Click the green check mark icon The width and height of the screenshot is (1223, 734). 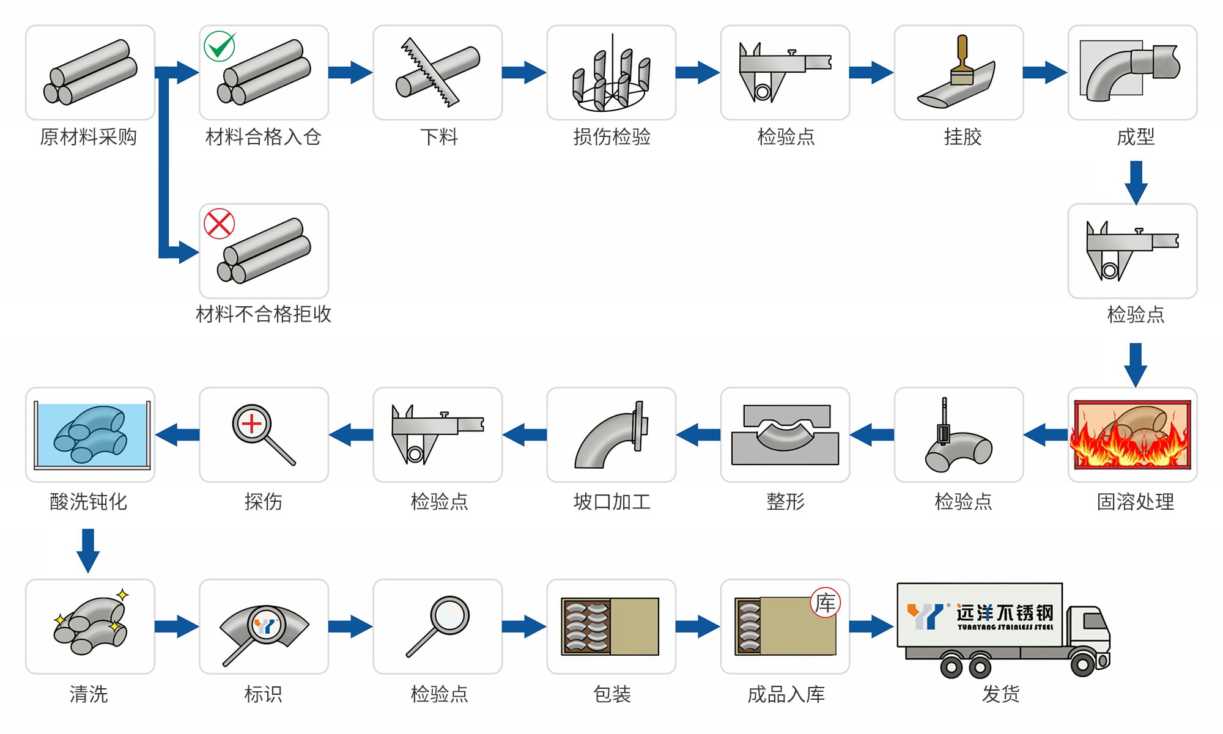(220, 46)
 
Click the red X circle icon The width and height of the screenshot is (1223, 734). (219, 224)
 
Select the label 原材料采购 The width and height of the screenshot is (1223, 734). (89, 137)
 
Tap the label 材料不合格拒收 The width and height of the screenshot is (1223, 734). (264, 314)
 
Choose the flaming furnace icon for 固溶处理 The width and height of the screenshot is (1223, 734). (1132, 435)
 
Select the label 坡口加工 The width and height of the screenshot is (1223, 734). (611, 502)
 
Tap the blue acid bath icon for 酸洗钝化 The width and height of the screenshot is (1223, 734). (91, 434)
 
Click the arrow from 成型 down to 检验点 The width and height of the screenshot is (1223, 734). (1136, 182)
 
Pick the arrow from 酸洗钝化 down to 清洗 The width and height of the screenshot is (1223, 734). (88, 549)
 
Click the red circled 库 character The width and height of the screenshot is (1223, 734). (825, 603)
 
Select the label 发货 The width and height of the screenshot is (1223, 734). (1000, 694)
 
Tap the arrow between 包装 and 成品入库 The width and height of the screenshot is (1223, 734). (698, 626)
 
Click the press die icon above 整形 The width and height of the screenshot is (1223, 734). (785, 435)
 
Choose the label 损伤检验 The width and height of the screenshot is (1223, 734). (611, 137)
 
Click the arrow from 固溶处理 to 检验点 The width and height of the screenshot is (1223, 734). (1045, 435)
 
